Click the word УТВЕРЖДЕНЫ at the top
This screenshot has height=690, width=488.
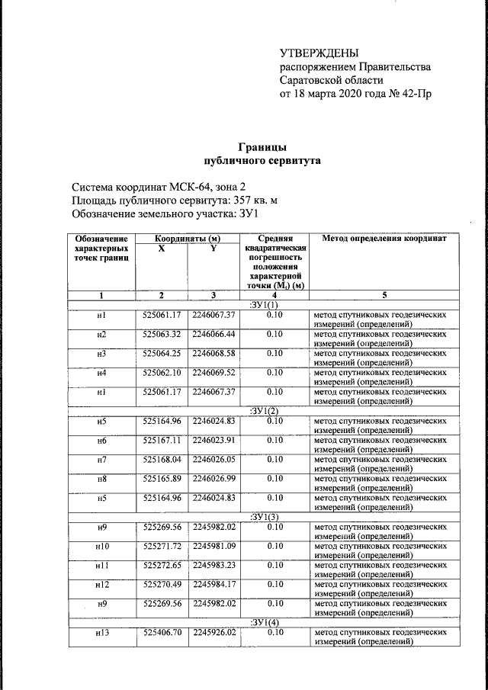319,52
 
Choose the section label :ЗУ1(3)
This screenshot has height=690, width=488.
262,517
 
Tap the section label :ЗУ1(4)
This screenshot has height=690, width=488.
262,622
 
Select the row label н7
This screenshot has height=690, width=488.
101,460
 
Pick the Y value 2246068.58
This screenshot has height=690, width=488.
213,354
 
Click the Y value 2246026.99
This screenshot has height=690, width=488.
213,479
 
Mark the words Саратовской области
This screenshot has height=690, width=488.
331,80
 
